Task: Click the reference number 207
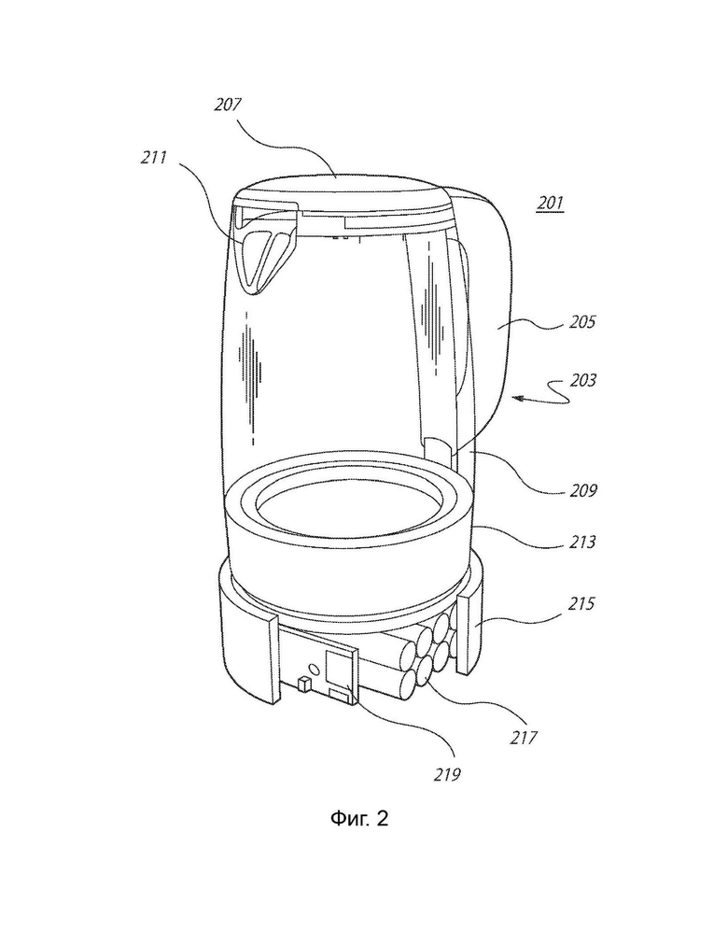[x=228, y=106]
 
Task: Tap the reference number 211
[x=154, y=157]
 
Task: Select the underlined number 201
[x=550, y=203]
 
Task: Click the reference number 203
[x=582, y=379]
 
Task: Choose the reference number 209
[x=583, y=490]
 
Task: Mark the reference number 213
[x=582, y=542]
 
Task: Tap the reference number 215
[x=581, y=603]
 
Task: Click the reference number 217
[x=524, y=738]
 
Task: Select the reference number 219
[x=447, y=774]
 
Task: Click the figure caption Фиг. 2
[x=359, y=819]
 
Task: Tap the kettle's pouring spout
[x=265, y=248]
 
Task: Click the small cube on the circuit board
[x=303, y=684]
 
